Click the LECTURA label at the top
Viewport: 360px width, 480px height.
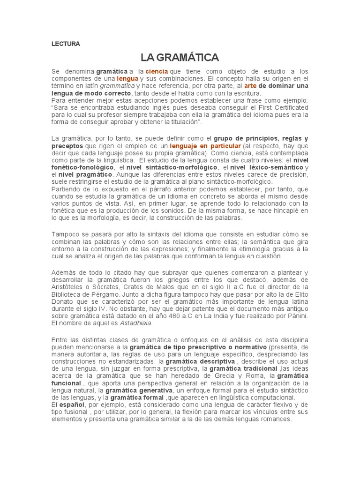[66, 44]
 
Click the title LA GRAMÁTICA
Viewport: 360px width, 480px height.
[180, 58]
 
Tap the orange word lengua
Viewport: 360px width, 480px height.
[128, 78]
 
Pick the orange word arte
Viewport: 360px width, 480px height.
[251, 86]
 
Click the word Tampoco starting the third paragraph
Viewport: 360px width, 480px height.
[65, 234]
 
